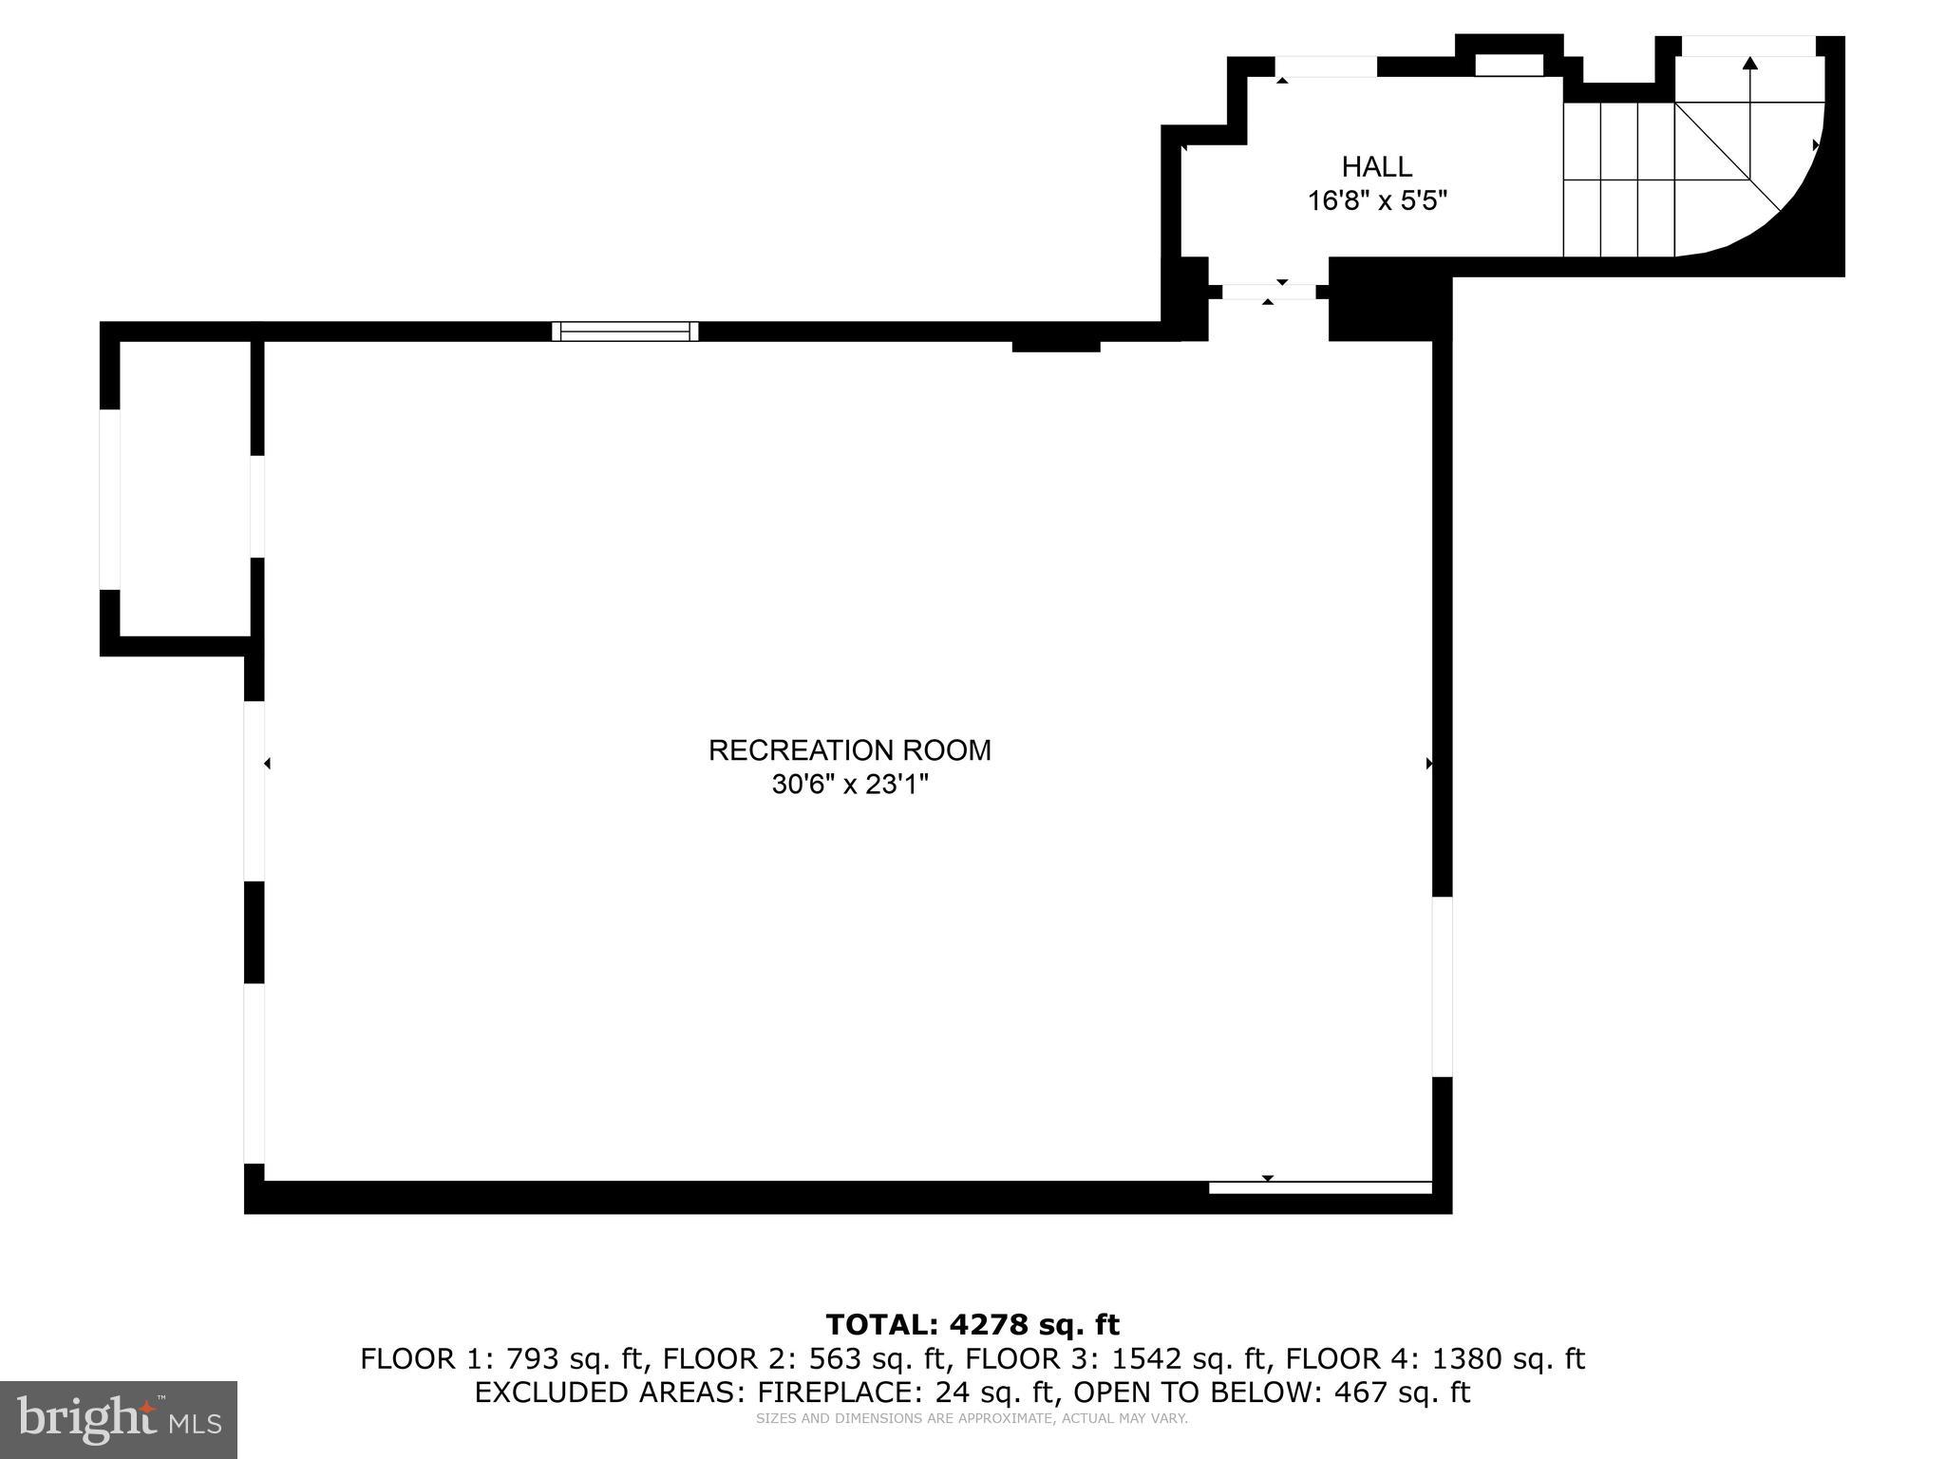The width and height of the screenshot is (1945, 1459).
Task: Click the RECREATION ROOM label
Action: pyautogui.click(x=849, y=750)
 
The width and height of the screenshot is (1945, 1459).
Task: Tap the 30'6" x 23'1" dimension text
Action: pyautogui.click(x=849, y=786)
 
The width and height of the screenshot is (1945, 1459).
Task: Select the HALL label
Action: pyautogui.click(x=1376, y=167)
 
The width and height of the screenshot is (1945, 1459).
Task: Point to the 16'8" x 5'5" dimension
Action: pyautogui.click(x=1376, y=201)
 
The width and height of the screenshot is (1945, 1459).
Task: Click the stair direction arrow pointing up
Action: pyautogui.click(x=1749, y=64)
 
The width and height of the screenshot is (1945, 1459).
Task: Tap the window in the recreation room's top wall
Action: pyautogui.click(x=625, y=332)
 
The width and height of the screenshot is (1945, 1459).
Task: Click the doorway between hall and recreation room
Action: pyautogui.click(x=1268, y=292)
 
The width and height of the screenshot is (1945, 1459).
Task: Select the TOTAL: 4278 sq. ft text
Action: pyautogui.click(x=972, y=1324)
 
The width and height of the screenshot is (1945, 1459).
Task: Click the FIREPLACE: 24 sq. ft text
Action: pyautogui.click(x=907, y=1393)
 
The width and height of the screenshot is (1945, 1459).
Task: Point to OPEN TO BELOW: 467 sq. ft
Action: pyautogui.click(x=1272, y=1393)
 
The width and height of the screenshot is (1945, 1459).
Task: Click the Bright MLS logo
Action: pyautogui.click(x=119, y=1419)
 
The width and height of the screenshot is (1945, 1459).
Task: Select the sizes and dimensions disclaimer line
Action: pyautogui.click(x=972, y=1419)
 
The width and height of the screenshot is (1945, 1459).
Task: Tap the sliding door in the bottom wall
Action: pyautogui.click(x=1319, y=1187)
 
